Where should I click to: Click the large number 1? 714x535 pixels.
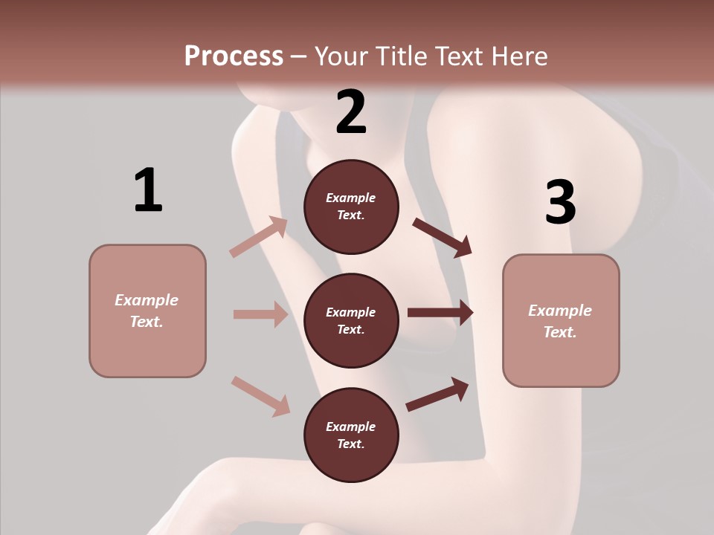(x=148, y=190)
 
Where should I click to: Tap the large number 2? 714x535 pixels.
(x=351, y=112)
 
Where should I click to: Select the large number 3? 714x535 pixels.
(x=560, y=202)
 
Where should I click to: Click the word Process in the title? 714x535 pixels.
(x=234, y=56)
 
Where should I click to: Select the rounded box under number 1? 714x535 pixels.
(x=147, y=311)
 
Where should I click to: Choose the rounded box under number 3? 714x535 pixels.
(x=561, y=320)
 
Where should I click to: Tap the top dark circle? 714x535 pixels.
(x=351, y=207)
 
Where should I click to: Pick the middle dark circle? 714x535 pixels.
(x=351, y=321)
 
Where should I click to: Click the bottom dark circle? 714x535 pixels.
(x=351, y=435)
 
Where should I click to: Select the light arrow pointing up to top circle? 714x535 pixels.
(x=259, y=237)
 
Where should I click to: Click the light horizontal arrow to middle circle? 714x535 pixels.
(x=260, y=314)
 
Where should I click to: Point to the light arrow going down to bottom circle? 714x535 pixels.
(x=260, y=396)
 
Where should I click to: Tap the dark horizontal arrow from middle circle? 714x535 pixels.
(x=440, y=313)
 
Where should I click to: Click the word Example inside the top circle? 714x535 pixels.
(x=351, y=198)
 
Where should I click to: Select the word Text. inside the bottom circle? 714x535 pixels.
(x=351, y=444)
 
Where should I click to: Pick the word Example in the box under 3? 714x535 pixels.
(x=560, y=311)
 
